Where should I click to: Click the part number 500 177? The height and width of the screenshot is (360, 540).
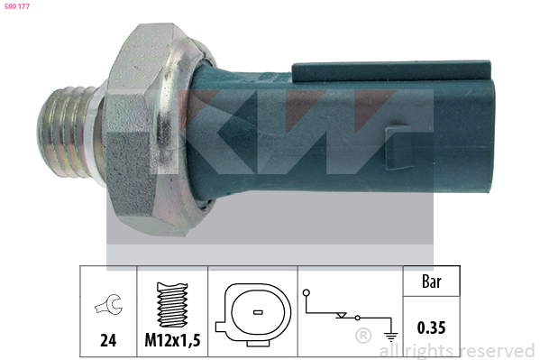point(17,6)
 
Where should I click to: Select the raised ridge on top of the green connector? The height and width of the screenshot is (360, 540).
point(391,71)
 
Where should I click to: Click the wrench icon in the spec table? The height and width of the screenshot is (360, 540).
point(108,304)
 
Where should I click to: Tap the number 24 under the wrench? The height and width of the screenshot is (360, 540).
point(108,340)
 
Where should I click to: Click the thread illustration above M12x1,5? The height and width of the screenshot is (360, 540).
point(172,304)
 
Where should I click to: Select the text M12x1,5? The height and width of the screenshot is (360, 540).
point(172,340)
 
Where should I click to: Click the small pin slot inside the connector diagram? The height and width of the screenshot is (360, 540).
point(258,312)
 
